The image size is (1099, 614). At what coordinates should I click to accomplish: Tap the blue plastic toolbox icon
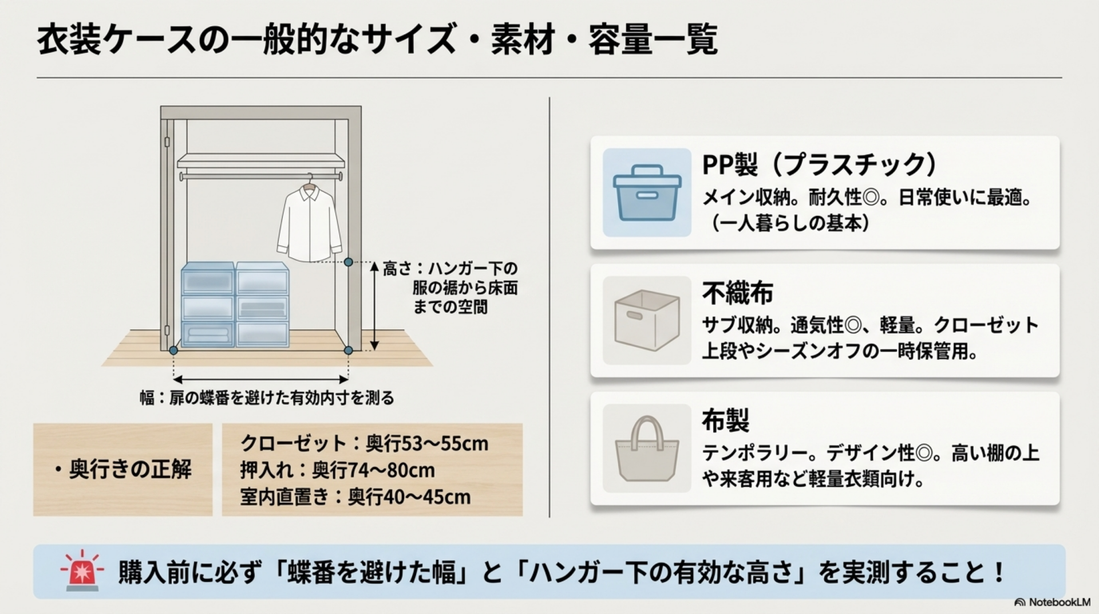(647, 192)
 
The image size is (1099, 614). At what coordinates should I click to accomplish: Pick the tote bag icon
(647, 448)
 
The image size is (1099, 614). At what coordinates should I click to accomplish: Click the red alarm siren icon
(82, 571)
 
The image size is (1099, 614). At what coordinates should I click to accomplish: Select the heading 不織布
(737, 293)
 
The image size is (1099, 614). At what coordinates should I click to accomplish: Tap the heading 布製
(725, 421)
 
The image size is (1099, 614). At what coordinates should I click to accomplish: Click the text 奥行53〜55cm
(427, 443)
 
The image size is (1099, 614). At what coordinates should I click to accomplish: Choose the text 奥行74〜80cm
(373, 470)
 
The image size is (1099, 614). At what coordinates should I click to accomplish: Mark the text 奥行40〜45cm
(409, 497)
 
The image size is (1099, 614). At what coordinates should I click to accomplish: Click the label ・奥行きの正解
(122, 470)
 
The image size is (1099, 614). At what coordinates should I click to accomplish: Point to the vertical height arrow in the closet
(374, 306)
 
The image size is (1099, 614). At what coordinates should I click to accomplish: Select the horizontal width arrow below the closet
(261, 379)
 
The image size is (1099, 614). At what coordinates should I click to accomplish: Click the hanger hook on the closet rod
(310, 179)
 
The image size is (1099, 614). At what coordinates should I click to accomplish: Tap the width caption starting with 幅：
(267, 397)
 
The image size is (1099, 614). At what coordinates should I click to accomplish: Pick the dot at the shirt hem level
(348, 262)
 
